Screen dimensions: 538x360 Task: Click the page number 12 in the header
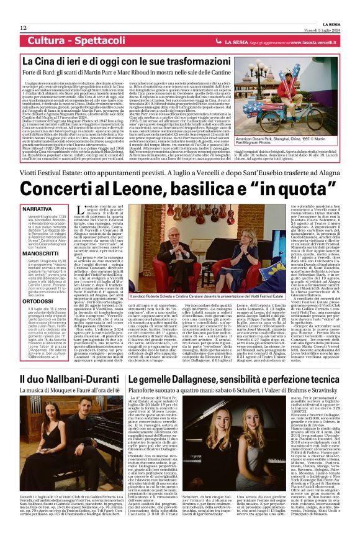[x=24, y=28]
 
